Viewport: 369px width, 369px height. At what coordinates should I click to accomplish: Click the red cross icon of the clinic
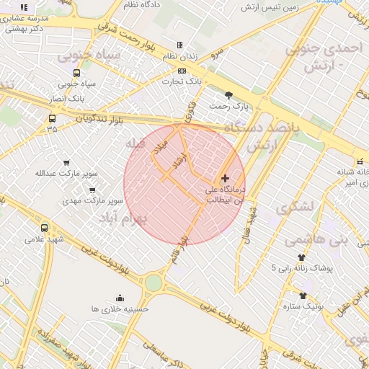click(x=225, y=177)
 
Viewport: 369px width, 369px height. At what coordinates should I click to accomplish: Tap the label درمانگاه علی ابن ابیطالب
click(x=221, y=195)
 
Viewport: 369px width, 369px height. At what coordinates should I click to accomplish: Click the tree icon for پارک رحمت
click(x=229, y=95)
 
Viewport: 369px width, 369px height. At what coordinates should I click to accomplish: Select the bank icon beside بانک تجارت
click(x=182, y=71)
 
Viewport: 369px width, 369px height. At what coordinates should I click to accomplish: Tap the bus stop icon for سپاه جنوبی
click(x=77, y=73)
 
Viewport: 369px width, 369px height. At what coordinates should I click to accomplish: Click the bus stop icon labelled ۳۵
click(x=52, y=118)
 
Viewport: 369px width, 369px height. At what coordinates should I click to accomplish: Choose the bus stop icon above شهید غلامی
click(x=45, y=228)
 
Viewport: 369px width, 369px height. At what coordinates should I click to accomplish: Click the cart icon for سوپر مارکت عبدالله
click(x=67, y=163)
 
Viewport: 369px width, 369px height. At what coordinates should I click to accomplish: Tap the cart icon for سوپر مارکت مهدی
click(x=92, y=190)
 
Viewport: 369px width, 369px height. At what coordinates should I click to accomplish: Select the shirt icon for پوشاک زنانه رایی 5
click(x=301, y=257)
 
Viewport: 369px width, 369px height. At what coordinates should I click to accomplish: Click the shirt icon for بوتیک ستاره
click(x=303, y=295)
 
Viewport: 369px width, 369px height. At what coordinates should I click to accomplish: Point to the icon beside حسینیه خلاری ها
click(x=120, y=298)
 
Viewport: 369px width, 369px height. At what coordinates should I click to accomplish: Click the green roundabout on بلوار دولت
click(x=154, y=283)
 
